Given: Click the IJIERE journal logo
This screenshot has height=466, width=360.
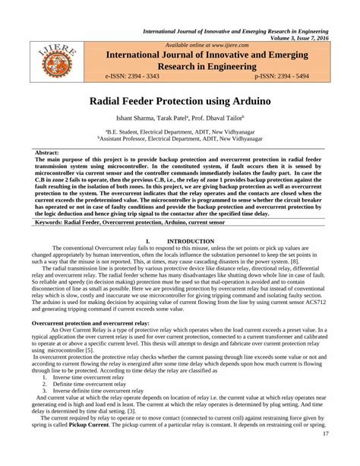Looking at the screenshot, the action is tap(51, 62).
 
